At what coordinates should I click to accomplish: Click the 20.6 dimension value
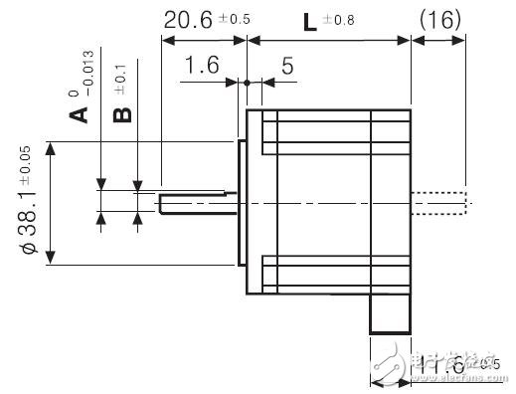pos(189,20)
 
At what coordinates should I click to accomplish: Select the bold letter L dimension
pos(310,20)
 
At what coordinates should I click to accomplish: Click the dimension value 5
pos(287,67)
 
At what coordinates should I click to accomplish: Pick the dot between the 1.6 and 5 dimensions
pos(246,84)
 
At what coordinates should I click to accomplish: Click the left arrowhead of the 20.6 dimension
pos(166,41)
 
